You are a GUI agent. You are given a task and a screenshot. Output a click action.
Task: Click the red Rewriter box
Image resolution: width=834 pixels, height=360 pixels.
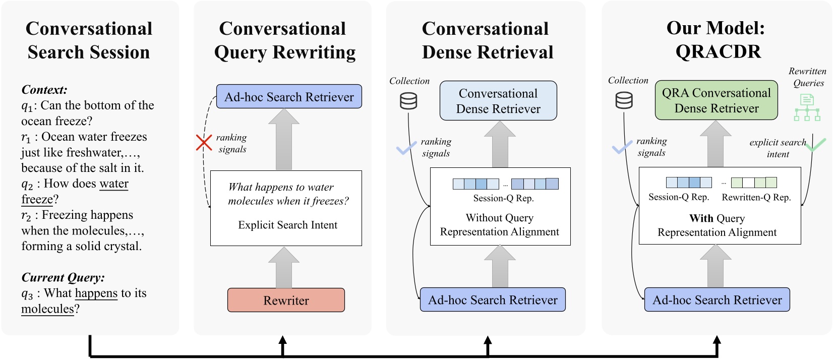(286, 300)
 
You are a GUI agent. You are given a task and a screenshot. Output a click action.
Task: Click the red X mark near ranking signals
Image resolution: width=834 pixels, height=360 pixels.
(204, 143)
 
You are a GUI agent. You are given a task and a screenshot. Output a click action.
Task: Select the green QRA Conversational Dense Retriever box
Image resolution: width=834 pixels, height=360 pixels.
(716, 100)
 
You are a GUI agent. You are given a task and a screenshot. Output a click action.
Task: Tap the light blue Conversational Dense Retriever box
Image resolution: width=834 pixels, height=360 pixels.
(498, 101)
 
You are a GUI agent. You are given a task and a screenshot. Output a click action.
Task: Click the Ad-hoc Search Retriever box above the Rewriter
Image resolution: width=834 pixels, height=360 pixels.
(289, 97)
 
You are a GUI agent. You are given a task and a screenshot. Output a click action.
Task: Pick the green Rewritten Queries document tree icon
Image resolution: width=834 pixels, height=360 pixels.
(807, 107)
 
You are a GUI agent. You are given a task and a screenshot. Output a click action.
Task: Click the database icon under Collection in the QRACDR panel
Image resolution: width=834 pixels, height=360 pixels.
(624, 100)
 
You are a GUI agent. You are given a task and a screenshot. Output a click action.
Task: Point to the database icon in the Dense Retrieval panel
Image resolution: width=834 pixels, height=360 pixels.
(408, 101)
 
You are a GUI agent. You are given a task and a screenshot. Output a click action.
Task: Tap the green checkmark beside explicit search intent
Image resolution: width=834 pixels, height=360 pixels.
(815, 145)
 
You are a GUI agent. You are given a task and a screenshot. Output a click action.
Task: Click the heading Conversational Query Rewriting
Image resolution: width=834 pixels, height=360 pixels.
(284, 40)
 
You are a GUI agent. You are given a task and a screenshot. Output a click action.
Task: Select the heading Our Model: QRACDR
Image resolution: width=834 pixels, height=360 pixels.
(716, 39)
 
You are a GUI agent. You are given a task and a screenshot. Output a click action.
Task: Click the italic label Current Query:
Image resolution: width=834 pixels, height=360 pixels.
(63, 277)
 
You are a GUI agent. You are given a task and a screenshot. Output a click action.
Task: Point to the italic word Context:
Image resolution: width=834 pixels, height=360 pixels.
(44, 90)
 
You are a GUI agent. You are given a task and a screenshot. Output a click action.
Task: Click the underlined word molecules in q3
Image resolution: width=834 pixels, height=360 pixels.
(47, 309)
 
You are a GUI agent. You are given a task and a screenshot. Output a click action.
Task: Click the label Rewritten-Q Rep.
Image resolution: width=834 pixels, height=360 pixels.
(756, 197)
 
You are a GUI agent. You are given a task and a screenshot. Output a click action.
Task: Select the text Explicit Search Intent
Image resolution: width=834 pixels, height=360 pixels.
(287, 225)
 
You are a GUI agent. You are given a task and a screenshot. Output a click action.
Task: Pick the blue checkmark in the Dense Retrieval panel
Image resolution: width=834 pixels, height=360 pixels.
(406, 148)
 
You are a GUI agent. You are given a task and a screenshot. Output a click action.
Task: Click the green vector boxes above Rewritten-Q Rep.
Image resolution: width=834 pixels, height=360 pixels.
(754, 183)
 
